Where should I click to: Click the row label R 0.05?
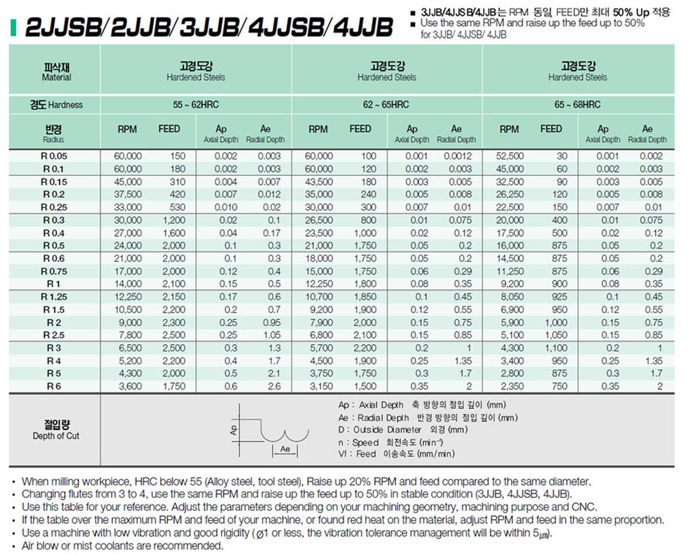pos(55,156)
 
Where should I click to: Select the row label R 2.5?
pos(55,335)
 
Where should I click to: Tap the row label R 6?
pos(55,386)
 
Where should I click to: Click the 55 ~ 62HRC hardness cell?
pos(195,105)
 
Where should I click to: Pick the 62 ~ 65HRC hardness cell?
pos(387,105)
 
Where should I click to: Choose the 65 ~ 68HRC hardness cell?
pos(578,105)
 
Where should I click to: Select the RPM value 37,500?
pos(129,194)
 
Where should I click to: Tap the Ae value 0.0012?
pos(458,156)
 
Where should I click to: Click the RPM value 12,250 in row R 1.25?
pos(129,297)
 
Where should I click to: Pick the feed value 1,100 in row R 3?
pos(556,348)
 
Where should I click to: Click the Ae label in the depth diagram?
pos(285,449)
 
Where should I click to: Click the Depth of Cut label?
pos(56,436)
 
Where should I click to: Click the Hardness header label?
pos(66,105)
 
